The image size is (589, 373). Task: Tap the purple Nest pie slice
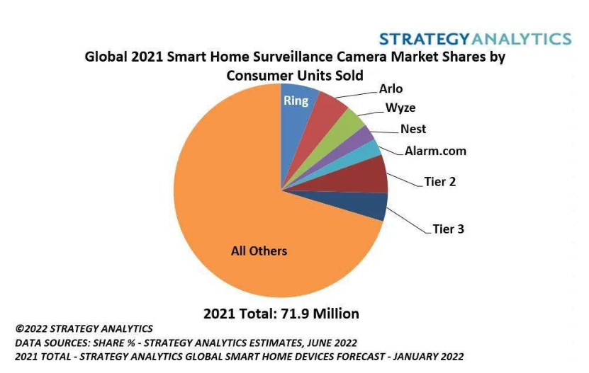361,139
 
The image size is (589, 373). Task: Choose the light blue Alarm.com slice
369,151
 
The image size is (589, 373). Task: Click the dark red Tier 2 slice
369,174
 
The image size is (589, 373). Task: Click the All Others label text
259,251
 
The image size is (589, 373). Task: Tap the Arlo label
391,88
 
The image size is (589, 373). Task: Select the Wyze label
400,108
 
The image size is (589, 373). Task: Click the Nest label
413,129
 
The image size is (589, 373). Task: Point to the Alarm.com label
435,151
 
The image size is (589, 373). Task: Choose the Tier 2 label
439,182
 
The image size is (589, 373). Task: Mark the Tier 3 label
448,229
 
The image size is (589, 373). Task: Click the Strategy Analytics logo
474,38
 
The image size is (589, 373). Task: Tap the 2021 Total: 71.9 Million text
281,313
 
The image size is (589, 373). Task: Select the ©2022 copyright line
84,329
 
